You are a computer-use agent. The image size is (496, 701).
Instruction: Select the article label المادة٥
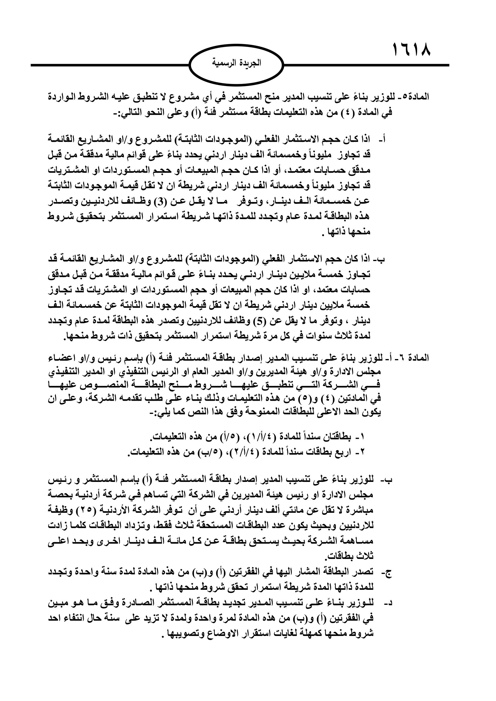[416, 97]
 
